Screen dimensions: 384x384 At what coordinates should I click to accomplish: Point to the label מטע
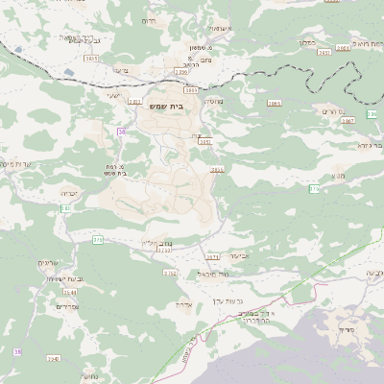tap(339, 176)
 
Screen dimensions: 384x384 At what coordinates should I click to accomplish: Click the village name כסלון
tap(307, 42)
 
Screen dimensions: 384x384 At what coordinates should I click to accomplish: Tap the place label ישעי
tap(112, 96)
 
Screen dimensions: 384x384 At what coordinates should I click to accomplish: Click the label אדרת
tap(185, 304)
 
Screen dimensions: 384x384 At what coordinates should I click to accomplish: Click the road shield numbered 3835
tap(90, 59)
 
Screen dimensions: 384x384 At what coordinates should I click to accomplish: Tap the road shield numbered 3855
tap(219, 169)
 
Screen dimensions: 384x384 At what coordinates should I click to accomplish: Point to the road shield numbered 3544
tap(69, 292)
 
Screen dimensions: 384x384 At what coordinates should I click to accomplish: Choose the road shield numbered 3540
tap(53, 358)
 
